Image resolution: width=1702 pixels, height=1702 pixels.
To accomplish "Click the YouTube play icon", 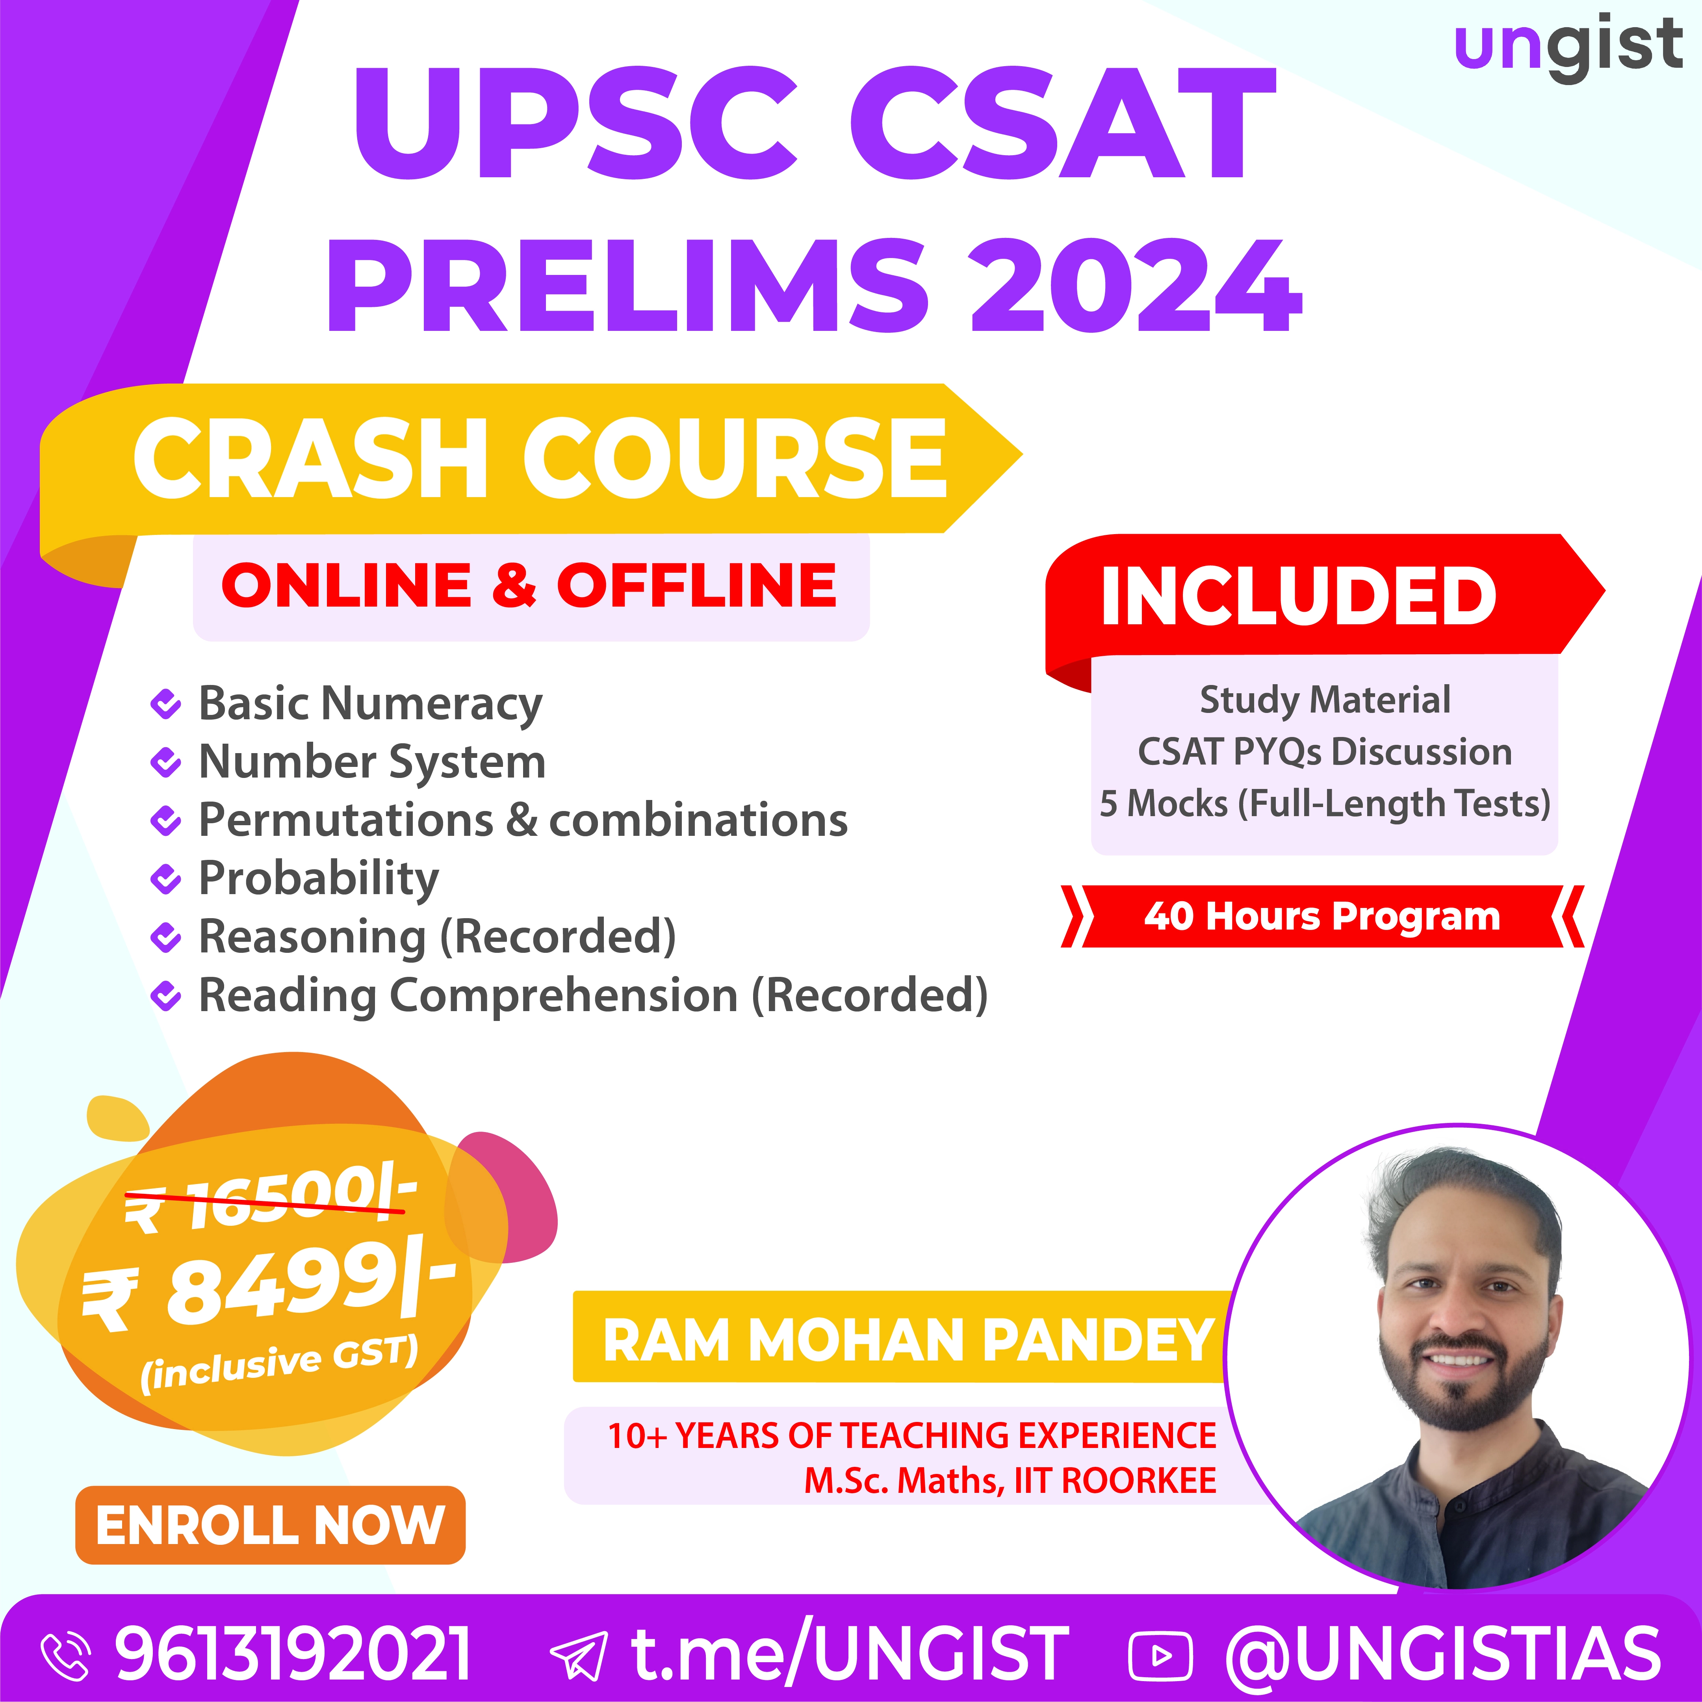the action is (x=1160, y=1656).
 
